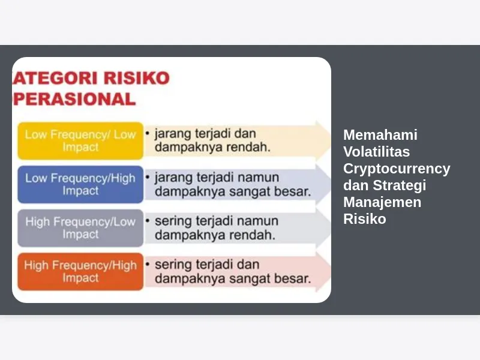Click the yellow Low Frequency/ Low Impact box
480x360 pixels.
click(x=80, y=141)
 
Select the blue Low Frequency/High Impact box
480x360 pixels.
click(x=80, y=184)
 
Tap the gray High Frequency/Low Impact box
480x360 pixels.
click(x=80, y=228)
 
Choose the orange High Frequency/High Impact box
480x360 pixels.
click(x=80, y=272)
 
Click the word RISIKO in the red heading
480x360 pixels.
click(x=137, y=78)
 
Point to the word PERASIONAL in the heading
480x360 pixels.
click(x=74, y=99)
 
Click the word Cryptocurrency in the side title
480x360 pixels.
click(x=397, y=169)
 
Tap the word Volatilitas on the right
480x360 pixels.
click(x=377, y=152)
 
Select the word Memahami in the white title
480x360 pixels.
click(x=380, y=134)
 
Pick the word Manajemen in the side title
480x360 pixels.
click(x=382, y=202)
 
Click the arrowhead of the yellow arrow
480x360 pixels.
click(x=323, y=140)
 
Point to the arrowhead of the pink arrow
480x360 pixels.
click(x=323, y=272)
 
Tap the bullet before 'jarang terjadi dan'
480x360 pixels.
click(x=148, y=133)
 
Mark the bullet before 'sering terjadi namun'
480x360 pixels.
click(x=148, y=221)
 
